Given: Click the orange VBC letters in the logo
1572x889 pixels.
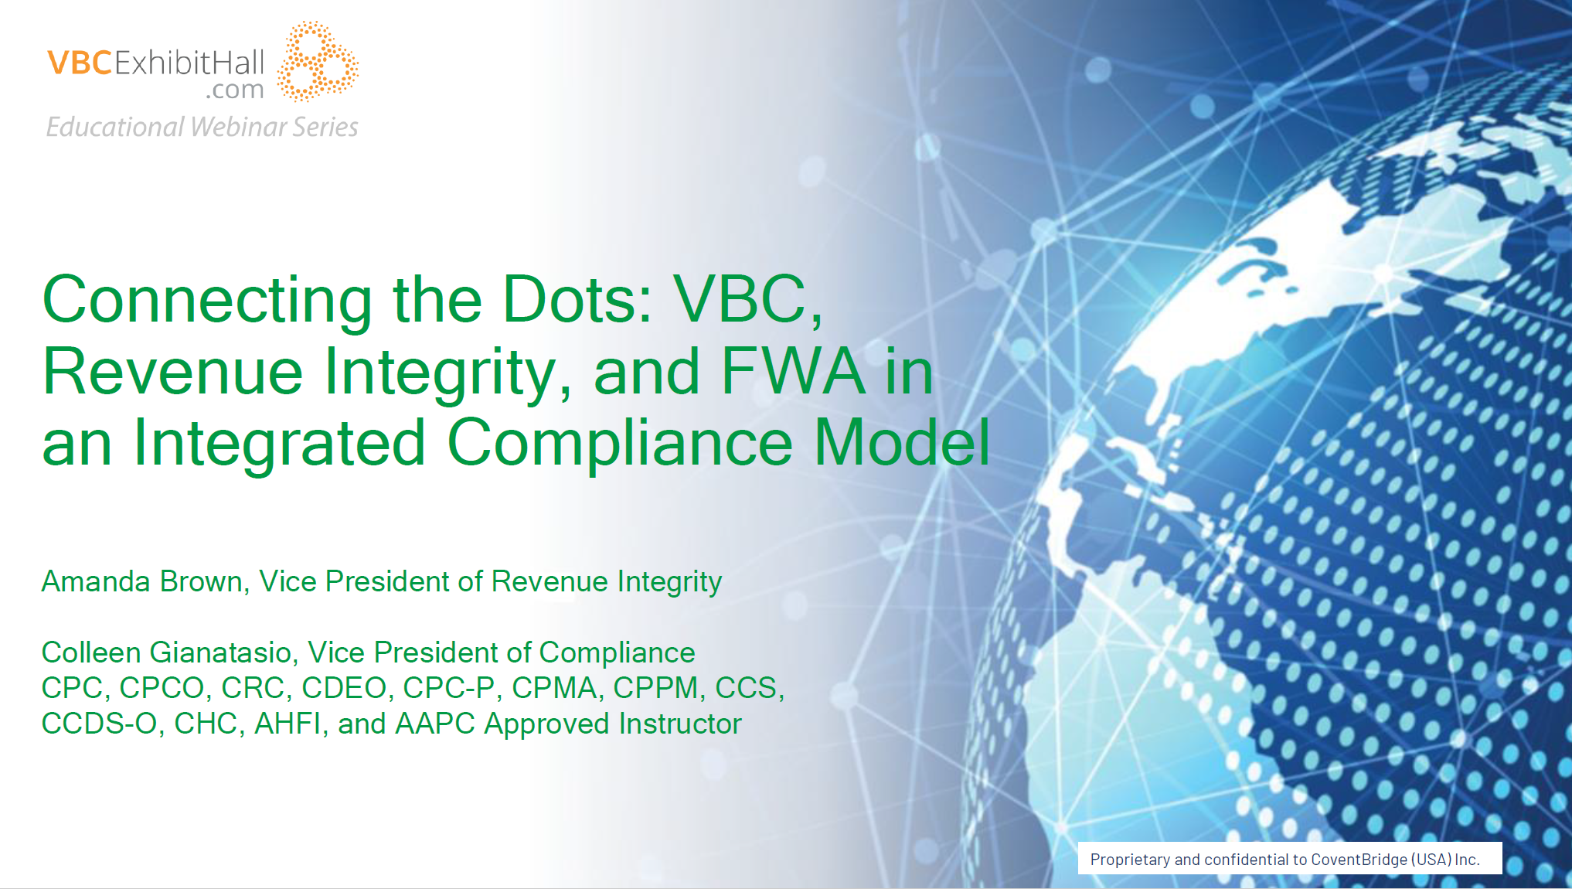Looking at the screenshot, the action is pos(80,63).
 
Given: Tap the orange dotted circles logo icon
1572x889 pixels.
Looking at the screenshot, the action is pos(318,61).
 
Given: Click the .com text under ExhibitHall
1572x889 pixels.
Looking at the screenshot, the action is pos(235,90).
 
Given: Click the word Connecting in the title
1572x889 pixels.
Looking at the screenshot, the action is pos(207,301).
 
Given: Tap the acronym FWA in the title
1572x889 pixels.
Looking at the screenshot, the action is pos(793,371).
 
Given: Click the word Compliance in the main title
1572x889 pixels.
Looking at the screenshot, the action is pos(620,444).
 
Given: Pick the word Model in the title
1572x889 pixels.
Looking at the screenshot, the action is pos(902,442).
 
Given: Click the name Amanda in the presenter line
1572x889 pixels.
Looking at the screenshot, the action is pos(96,581).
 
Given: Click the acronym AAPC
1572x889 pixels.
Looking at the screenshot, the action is pos(435,724).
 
